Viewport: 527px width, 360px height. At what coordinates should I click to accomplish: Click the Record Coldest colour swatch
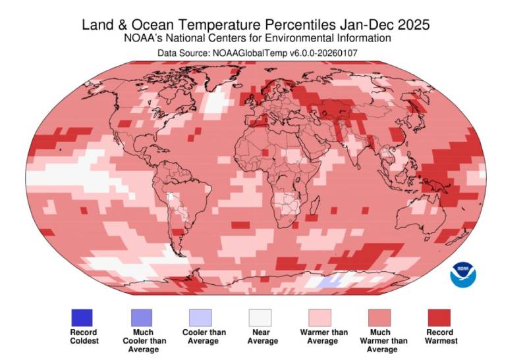point(82,317)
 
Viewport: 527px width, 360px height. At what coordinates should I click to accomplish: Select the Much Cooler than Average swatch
point(143,317)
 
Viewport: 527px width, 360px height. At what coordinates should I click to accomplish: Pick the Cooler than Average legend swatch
point(204,317)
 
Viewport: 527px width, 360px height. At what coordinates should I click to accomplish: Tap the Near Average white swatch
point(262,317)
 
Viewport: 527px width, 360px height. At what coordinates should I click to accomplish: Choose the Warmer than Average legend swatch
point(323,317)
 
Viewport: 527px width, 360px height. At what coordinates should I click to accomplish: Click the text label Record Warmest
point(441,336)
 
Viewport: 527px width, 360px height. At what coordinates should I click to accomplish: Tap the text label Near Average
point(262,336)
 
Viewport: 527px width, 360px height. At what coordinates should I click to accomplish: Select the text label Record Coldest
point(83,336)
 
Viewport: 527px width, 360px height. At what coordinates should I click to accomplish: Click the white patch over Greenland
point(213,103)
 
